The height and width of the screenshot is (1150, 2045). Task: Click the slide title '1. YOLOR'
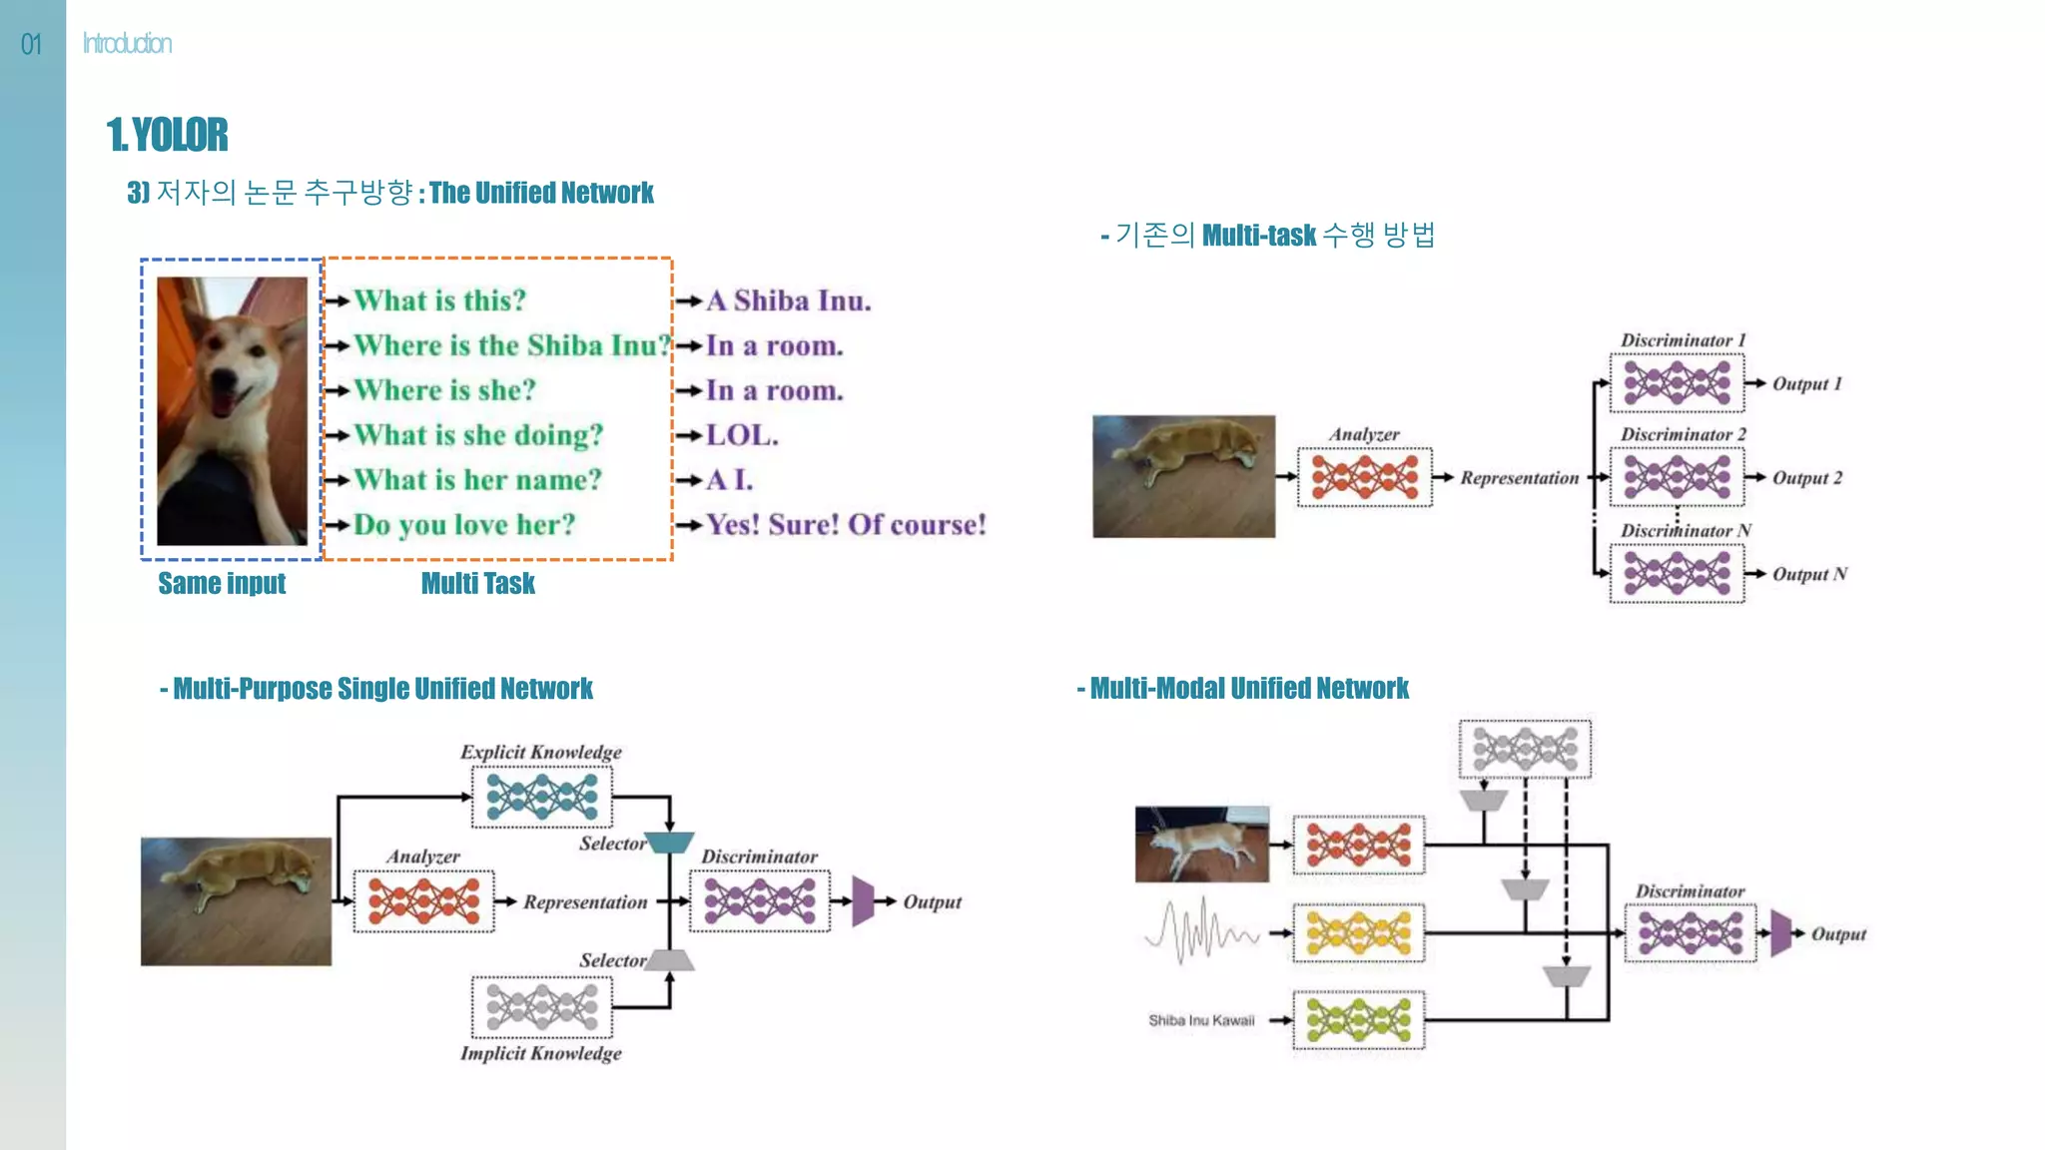(x=168, y=135)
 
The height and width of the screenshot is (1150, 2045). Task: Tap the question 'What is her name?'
(x=477, y=480)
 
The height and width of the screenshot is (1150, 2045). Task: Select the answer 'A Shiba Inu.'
(x=788, y=300)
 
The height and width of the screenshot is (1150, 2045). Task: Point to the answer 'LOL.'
(x=741, y=435)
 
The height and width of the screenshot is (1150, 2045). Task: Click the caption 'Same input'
(x=222, y=583)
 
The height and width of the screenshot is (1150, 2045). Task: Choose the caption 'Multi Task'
(x=477, y=583)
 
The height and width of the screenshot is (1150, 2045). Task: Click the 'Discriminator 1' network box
(x=1677, y=382)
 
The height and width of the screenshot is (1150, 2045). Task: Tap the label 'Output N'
(x=1809, y=574)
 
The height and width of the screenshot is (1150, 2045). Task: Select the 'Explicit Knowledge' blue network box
(x=541, y=797)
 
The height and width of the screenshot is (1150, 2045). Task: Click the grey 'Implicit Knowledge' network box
(x=541, y=1007)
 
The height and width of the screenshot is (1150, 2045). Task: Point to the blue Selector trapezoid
(x=669, y=843)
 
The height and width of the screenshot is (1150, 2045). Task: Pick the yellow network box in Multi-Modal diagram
(x=1358, y=933)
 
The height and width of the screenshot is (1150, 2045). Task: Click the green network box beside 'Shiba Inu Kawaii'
(x=1358, y=1020)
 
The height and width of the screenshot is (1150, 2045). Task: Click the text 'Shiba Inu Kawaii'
(x=1200, y=1020)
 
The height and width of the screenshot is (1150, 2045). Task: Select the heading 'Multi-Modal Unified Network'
(x=1248, y=689)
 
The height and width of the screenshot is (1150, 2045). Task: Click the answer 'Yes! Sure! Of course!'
(x=846, y=525)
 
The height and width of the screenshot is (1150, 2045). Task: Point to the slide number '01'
(x=31, y=44)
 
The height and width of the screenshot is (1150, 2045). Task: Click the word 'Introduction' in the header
(x=127, y=44)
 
